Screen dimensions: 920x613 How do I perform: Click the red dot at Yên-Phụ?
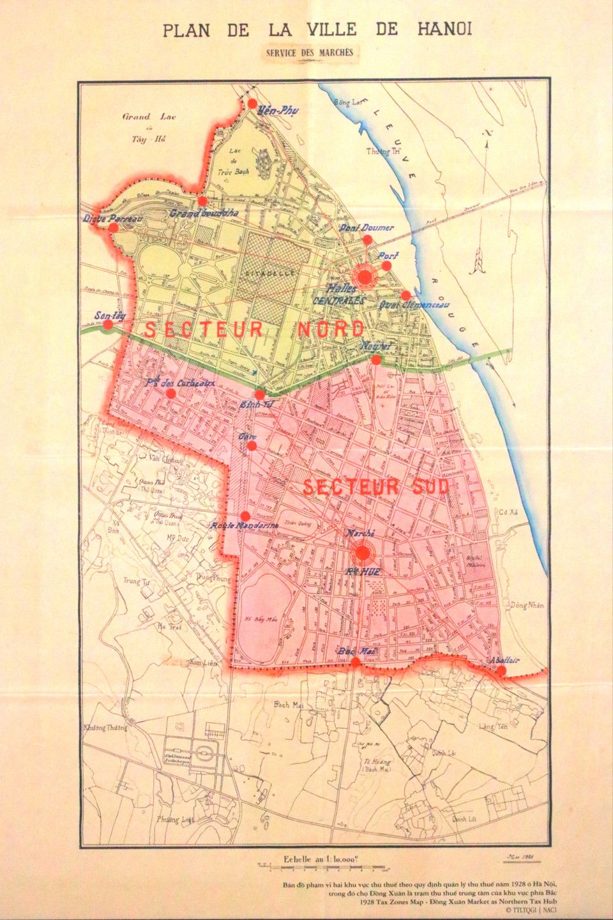(x=253, y=103)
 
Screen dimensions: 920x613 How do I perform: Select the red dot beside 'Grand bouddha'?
(x=202, y=201)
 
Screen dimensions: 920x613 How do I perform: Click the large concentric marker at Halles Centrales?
(x=365, y=276)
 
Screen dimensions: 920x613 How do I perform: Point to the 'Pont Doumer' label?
(x=367, y=227)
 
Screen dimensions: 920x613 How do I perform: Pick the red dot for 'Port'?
(x=386, y=265)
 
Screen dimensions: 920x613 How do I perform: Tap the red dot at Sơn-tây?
(x=108, y=325)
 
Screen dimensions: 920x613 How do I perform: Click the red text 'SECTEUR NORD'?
(x=254, y=330)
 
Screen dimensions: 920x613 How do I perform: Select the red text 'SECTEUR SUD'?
(x=376, y=487)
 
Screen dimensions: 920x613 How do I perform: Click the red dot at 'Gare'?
(x=252, y=446)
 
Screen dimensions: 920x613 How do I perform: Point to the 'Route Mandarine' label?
(x=245, y=526)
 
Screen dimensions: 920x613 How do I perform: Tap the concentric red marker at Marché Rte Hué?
(x=362, y=552)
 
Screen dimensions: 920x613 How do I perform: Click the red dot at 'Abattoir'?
(x=502, y=670)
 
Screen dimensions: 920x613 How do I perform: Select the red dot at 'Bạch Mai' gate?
(x=356, y=662)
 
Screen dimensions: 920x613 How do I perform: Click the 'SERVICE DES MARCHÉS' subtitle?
(x=309, y=53)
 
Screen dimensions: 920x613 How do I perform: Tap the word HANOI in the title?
(x=444, y=29)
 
